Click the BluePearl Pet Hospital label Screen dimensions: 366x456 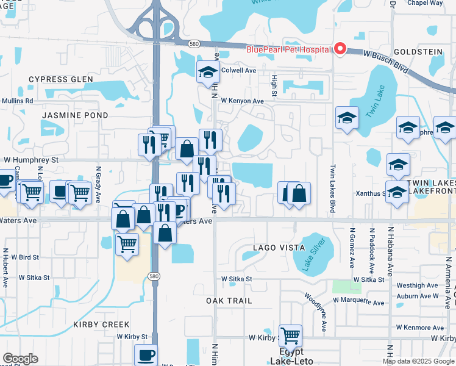[x=288, y=49]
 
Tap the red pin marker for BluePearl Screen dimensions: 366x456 [x=340, y=49]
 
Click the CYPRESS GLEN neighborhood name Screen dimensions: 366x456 [x=61, y=79]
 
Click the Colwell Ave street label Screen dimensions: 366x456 [x=238, y=70]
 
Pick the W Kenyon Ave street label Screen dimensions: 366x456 [x=242, y=101]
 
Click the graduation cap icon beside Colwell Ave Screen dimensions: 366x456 [x=208, y=72]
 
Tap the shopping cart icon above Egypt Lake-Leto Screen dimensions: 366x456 [x=290, y=335]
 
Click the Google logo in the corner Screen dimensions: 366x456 [x=20, y=359]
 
